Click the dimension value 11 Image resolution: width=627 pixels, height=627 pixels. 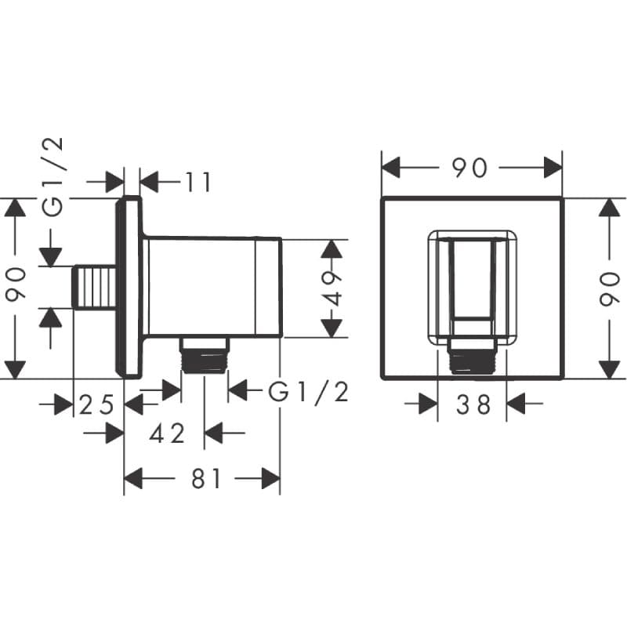198,182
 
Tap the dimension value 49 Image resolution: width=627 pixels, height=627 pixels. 332,288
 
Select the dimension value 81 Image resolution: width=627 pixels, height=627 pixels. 206,478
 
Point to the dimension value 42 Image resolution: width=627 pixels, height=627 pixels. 168,433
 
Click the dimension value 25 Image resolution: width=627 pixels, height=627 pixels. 97,404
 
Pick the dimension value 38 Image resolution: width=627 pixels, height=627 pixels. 473,404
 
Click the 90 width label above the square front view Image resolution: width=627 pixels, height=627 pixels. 469,168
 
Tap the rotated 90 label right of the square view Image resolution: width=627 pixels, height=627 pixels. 610,288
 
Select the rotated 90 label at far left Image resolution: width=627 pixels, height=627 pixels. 16,283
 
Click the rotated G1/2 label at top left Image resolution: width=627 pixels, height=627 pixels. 53,177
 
